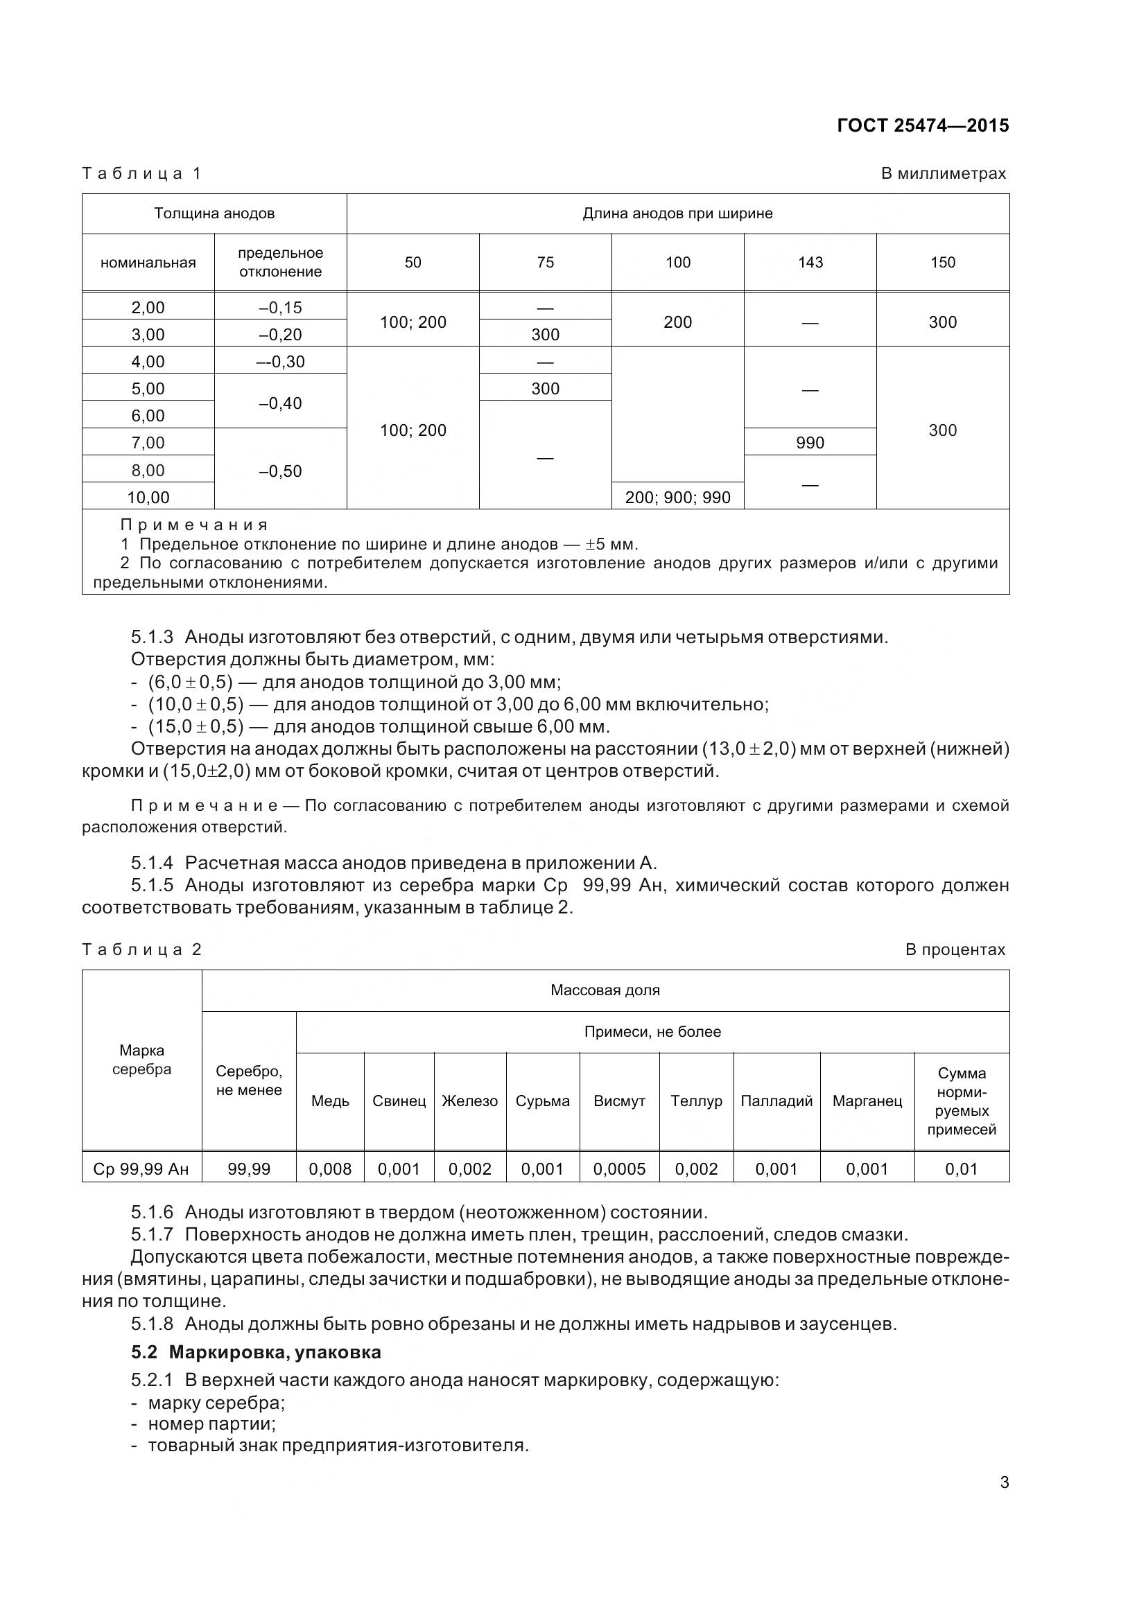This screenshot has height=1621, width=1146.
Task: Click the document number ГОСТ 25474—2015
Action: (922, 125)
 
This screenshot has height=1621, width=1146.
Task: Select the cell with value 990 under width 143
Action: (809, 443)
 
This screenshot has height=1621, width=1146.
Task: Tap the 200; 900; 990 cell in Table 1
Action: (677, 497)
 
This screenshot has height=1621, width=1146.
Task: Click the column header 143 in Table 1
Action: (810, 263)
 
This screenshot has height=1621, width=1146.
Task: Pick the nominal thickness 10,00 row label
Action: (148, 497)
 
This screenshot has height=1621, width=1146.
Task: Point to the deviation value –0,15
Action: (280, 307)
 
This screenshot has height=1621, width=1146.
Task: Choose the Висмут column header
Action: (619, 1101)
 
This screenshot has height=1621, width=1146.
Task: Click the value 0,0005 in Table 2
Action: (619, 1169)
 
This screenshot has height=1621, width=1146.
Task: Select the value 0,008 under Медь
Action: (330, 1169)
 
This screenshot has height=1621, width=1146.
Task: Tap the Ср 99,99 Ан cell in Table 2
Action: (141, 1169)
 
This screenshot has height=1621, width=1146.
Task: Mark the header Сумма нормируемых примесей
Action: (961, 1101)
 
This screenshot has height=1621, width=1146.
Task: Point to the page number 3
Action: (1004, 1482)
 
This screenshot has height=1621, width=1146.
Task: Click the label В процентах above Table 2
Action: (955, 949)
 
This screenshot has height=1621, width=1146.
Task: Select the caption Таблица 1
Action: (142, 174)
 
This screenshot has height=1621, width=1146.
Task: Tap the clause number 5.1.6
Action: (152, 1213)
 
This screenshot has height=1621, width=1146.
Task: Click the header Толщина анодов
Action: (214, 213)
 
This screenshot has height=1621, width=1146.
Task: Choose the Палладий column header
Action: (776, 1101)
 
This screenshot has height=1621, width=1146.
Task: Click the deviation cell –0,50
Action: (280, 471)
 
